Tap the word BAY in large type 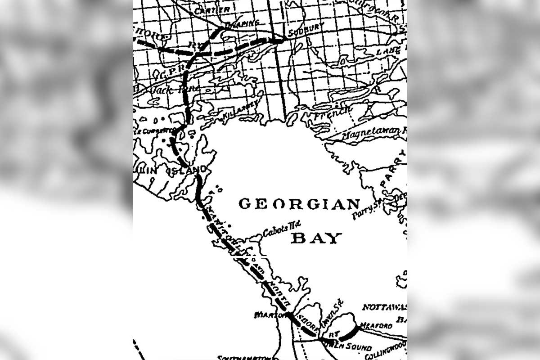pos(316,238)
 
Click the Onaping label pos(243,23)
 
